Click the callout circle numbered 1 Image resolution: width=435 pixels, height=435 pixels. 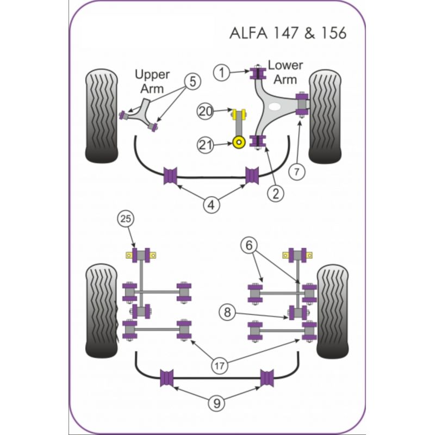pyautogui.click(x=222, y=71)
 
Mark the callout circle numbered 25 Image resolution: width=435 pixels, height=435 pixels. pyautogui.click(x=125, y=220)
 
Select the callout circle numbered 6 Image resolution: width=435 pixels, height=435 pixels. pyautogui.click(x=250, y=246)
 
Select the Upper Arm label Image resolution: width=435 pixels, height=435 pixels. pyautogui.click(x=152, y=80)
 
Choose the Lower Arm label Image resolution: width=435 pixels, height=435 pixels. pyautogui.click(x=285, y=72)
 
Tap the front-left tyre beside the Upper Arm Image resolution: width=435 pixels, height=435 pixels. pyautogui.click(x=102, y=115)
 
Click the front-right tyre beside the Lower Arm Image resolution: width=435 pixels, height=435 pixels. pyautogui.click(x=325, y=116)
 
